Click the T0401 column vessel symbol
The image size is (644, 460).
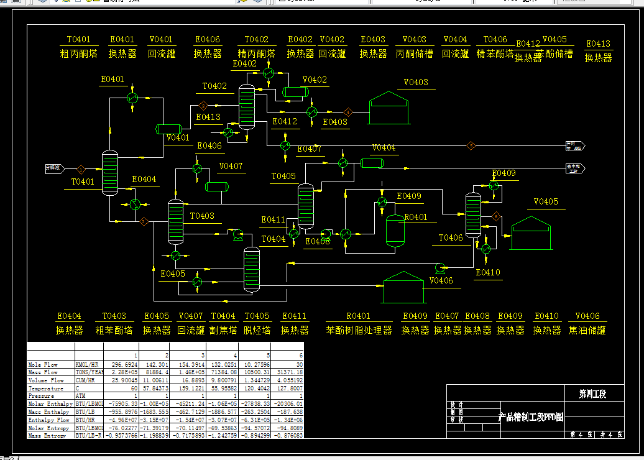(110, 173)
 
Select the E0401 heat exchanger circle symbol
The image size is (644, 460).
(132, 98)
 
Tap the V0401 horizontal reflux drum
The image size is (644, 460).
(168, 129)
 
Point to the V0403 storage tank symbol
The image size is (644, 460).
(389, 109)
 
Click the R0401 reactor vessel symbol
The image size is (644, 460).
(395, 231)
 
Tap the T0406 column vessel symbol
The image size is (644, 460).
(474, 214)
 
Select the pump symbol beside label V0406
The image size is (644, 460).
(440, 267)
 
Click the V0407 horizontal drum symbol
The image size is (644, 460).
(217, 186)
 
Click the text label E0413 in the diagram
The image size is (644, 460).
(208, 117)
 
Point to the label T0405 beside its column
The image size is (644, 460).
(283, 177)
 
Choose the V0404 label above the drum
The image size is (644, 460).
(384, 148)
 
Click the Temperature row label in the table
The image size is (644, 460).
(46, 389)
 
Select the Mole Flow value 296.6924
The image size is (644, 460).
(120, 365)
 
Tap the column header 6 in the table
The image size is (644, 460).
(301, 354)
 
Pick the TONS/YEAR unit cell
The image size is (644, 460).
(89, 372)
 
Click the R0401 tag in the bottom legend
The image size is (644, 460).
(358, 316)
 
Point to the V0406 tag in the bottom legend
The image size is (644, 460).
(587, 316)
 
